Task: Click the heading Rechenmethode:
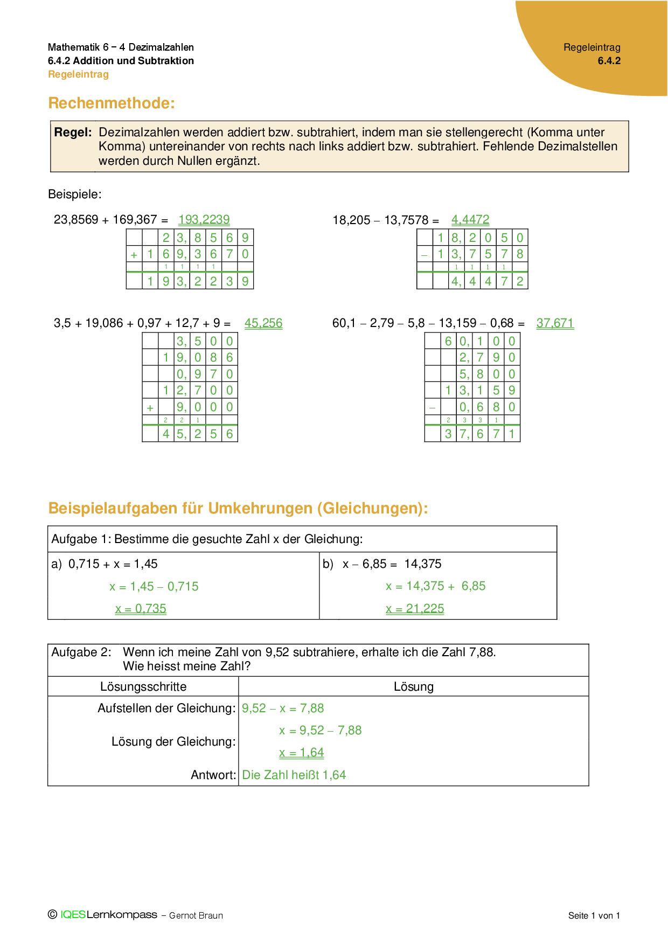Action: tap(112, 103)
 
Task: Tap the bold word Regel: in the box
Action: tap(73, 133)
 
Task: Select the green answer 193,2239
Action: tap(204, 220)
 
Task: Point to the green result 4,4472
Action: tap(470, 220)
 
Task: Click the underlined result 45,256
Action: tap(263, 323)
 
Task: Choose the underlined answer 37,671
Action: tap(555, 323)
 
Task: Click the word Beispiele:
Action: tap(75, 194)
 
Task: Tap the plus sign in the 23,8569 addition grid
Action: tap(134, 255)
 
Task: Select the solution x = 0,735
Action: tap(141, 609)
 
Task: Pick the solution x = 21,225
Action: tap(415, 609)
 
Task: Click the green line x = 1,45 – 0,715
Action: tap(154, 587)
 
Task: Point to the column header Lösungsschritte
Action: tap(143, 687)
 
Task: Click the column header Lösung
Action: tap(413, 687)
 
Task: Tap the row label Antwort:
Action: tap(213, 775)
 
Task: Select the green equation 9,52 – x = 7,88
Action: tap(283, 708)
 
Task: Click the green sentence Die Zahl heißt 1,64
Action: tap(294, 775)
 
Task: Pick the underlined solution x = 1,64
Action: tap(301, 753)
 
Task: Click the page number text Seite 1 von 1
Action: tap(594, 916)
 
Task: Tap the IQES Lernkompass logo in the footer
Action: tap(108, 915)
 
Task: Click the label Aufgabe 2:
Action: tap(81, 652)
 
